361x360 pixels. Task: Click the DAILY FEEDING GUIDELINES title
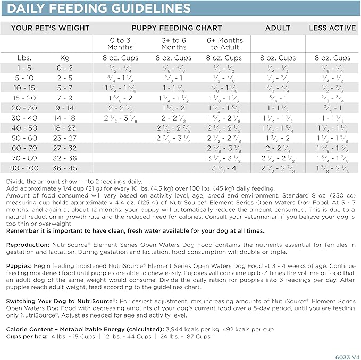coord(99,8)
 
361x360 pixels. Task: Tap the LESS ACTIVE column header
coord(332,28)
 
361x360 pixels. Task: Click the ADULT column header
coord(278,28)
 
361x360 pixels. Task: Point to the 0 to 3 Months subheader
coord(120,44)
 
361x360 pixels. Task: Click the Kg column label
coord(68,58)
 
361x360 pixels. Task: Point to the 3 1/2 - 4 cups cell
coord(224,168)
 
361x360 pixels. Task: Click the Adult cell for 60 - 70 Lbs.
coord(277,148)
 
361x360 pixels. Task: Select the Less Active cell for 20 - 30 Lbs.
coord(332,108)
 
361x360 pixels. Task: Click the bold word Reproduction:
coord(27,244)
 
